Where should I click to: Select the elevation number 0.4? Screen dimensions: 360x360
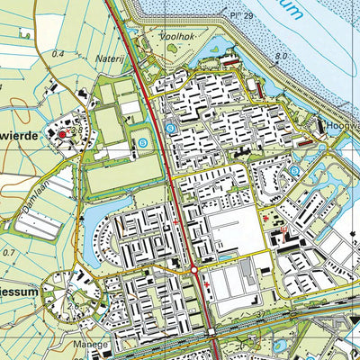[x=58, y=54]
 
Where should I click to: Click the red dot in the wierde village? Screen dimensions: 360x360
[x=62, y=134]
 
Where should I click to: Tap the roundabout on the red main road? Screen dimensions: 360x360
[x=193, y=270]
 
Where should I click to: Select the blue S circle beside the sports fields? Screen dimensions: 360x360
[x=141, y=143]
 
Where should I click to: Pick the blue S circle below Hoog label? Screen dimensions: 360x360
[x=295, y=170]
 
